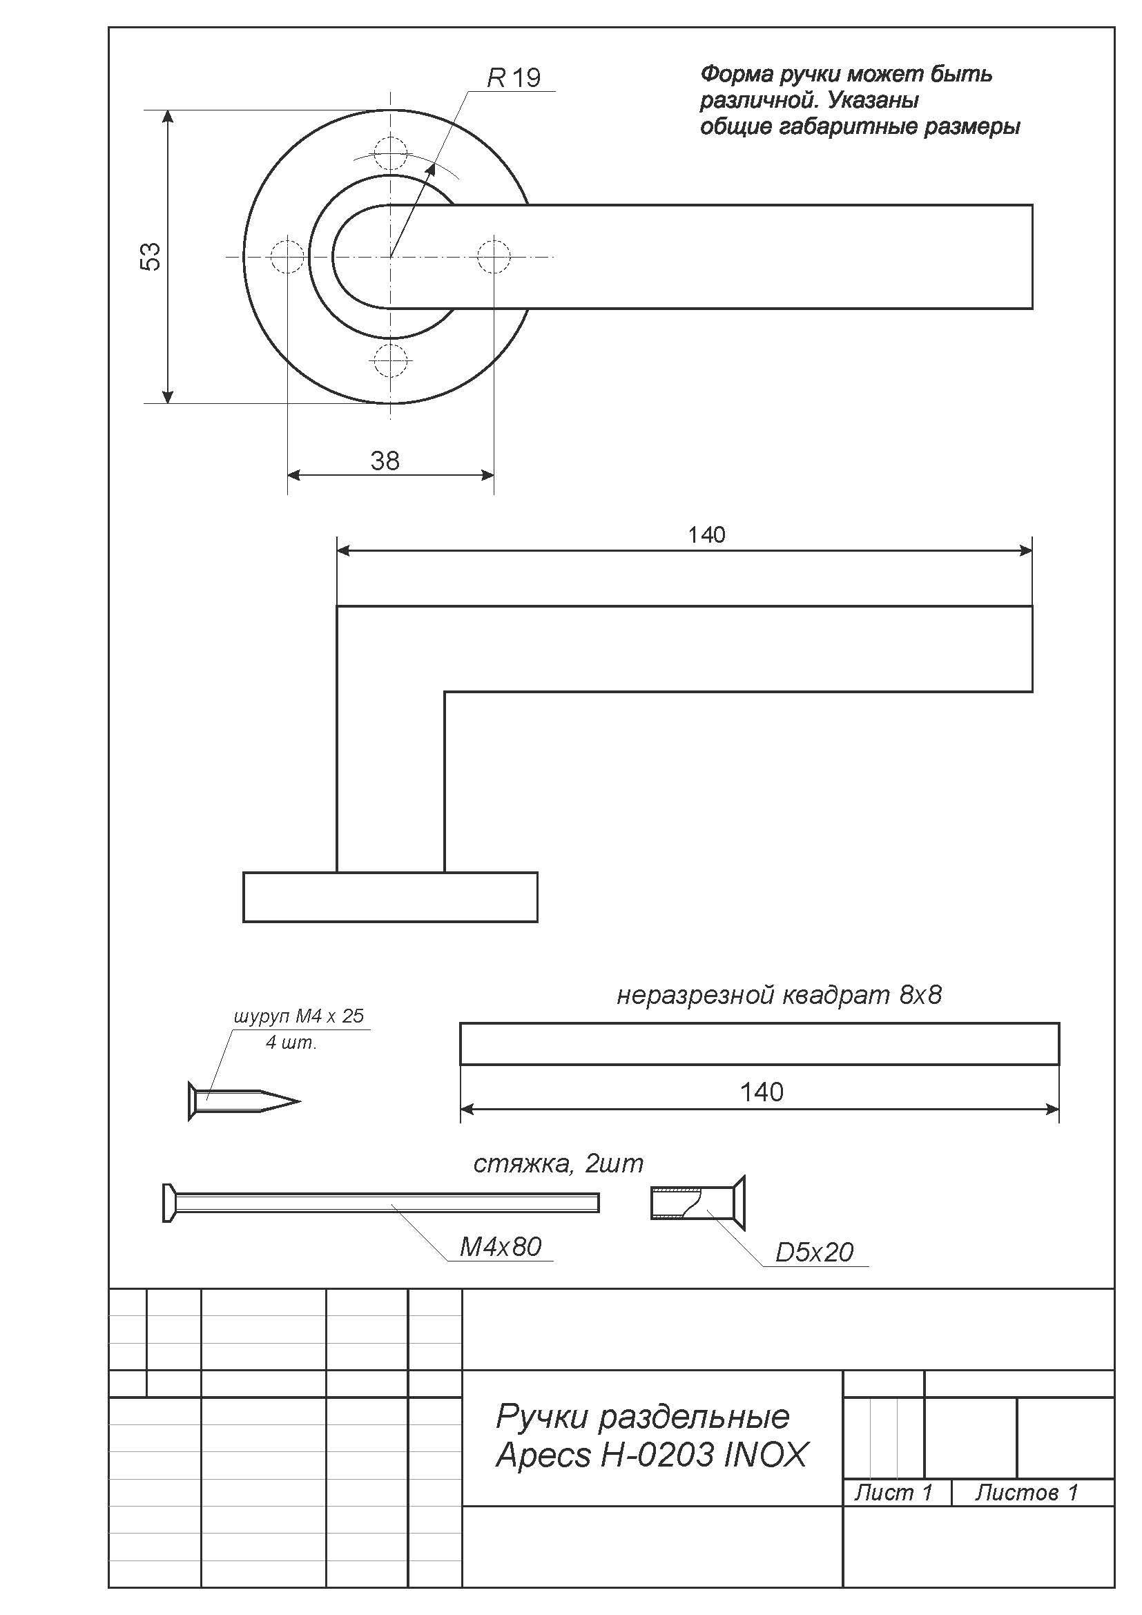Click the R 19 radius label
(x=514, y=77)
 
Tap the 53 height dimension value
(x=151, y=256)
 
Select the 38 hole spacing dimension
(x=385, y=461)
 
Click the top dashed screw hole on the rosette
(x=390, y=152)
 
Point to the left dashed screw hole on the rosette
(x=287, y=257)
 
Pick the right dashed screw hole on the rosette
(x=494, y=257)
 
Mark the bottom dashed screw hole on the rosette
(x=390, y=361)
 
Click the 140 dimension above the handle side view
(x=706, y=535)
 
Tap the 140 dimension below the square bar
(x=761, y=1092)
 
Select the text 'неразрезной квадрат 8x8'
(x=778, y=996)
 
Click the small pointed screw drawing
(x=243, y=1101)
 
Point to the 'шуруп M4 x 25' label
(x=299, y=1016)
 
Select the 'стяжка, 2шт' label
(x=558, y=1164)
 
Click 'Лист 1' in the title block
(x=892, y=1492)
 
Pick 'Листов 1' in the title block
(x=1026, y=1492)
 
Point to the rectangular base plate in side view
(x=390, y=897)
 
